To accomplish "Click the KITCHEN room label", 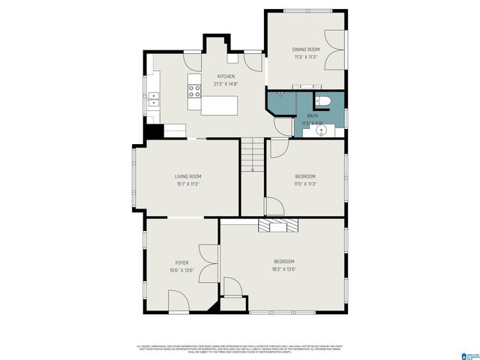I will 226,76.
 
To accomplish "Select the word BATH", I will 312,115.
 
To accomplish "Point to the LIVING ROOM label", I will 188,176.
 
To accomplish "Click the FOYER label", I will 181,262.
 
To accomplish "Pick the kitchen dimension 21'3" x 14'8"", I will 226,84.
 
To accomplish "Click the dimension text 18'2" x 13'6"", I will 283,269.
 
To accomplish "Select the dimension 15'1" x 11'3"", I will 188,184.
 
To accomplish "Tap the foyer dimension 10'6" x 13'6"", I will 181,270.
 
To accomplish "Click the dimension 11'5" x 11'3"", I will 304,184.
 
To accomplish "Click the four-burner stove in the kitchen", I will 194,91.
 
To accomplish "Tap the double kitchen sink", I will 153,97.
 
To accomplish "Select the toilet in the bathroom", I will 323,101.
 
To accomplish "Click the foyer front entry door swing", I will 179,301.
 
